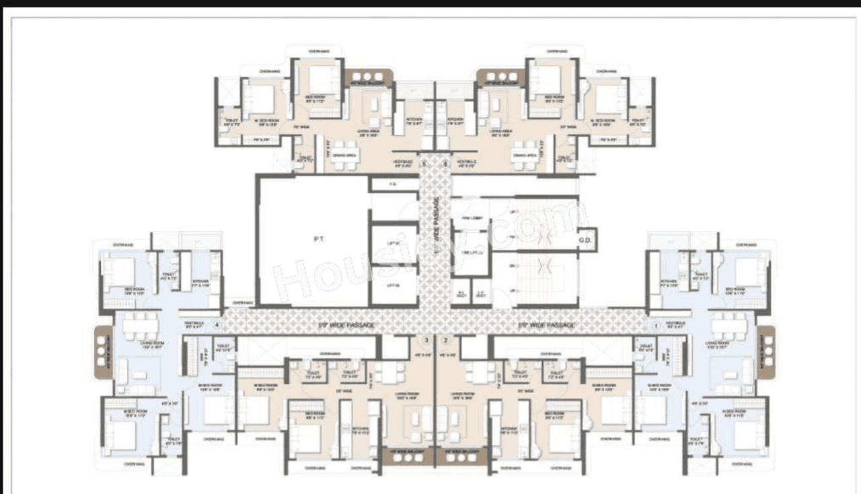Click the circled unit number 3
pos(425,340)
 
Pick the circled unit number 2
pos(445,340)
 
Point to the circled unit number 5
pos(424,163)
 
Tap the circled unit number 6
pos(445,163)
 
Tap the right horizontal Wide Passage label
pos(546,325)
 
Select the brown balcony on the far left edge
pos(102,351)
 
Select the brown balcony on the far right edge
pos(767,351)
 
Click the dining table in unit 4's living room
pos(141,326)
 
